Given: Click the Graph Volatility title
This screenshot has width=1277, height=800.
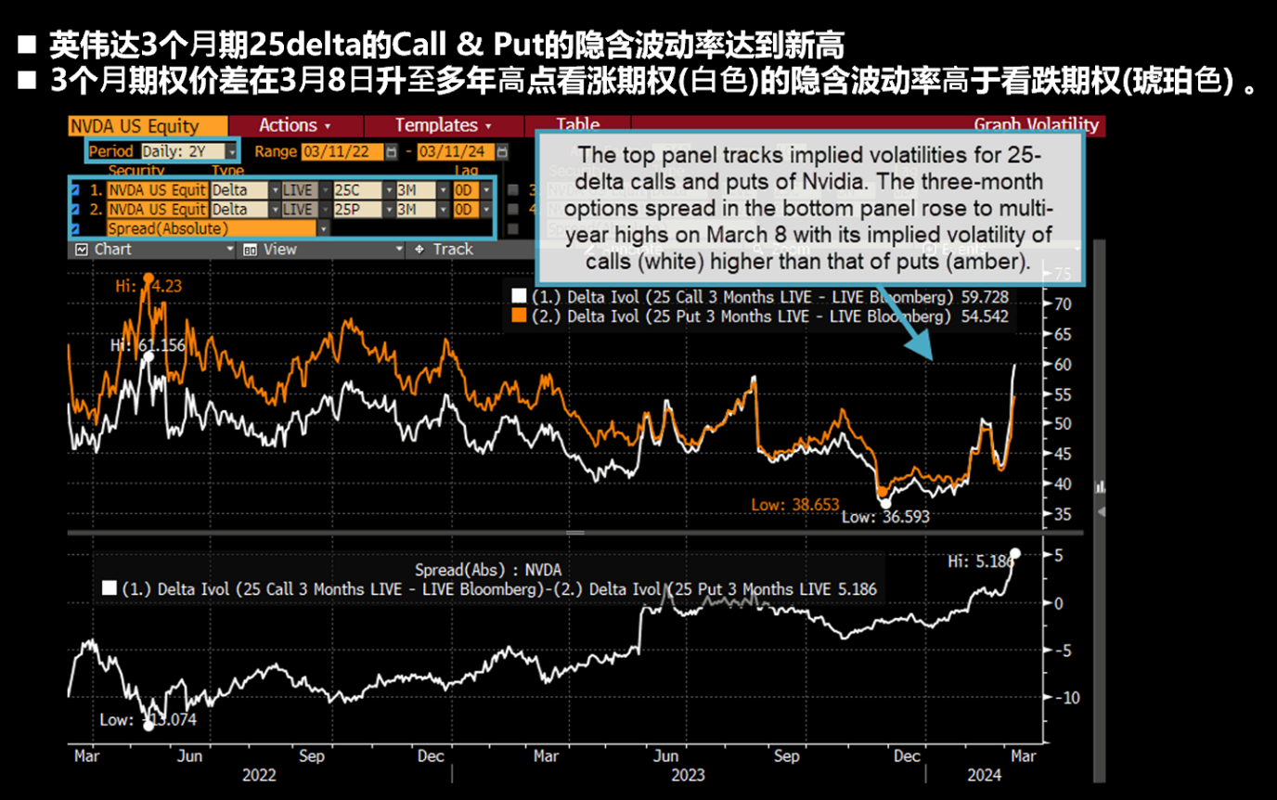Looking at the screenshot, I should [x=1036, y=125].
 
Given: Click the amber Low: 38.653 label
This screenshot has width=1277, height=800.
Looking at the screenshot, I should [x=795, y=506].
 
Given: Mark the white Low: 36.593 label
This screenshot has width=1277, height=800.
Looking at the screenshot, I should [x=884, y=517].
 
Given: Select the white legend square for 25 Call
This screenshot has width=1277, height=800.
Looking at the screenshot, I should [x=519, y=297].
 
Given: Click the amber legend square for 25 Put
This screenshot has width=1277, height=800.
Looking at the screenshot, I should [x=519, y=316].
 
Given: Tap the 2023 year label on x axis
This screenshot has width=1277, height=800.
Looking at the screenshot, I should [x=688, y=775].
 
